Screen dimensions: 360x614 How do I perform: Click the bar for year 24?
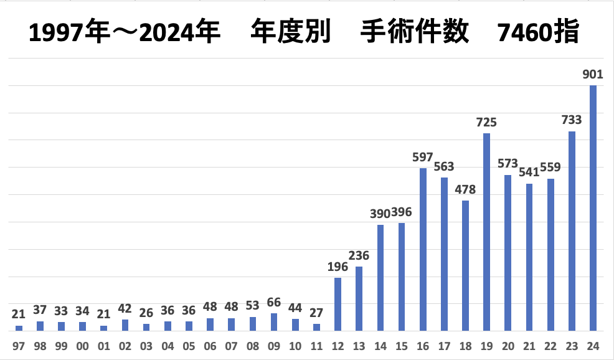point(593,208)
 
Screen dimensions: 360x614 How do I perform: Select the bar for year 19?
point(486,232)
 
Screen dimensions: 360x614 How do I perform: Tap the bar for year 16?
point(423,249)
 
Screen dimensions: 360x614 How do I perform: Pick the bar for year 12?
point(338,304)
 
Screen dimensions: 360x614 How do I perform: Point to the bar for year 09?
point(274,322)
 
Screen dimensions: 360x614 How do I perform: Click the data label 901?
point(593,75)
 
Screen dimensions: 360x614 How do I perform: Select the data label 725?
point(486,123)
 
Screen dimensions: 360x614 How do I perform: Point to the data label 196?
point(338,267)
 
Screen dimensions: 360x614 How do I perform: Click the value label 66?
point(274,303)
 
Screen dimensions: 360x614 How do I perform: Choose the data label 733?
point(572,121)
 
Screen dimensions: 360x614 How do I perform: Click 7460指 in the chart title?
point(539,32)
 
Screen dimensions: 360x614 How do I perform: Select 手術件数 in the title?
point(414,32)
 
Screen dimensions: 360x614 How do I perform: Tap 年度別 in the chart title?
point(289,32)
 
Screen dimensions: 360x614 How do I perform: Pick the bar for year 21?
point(529,257)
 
